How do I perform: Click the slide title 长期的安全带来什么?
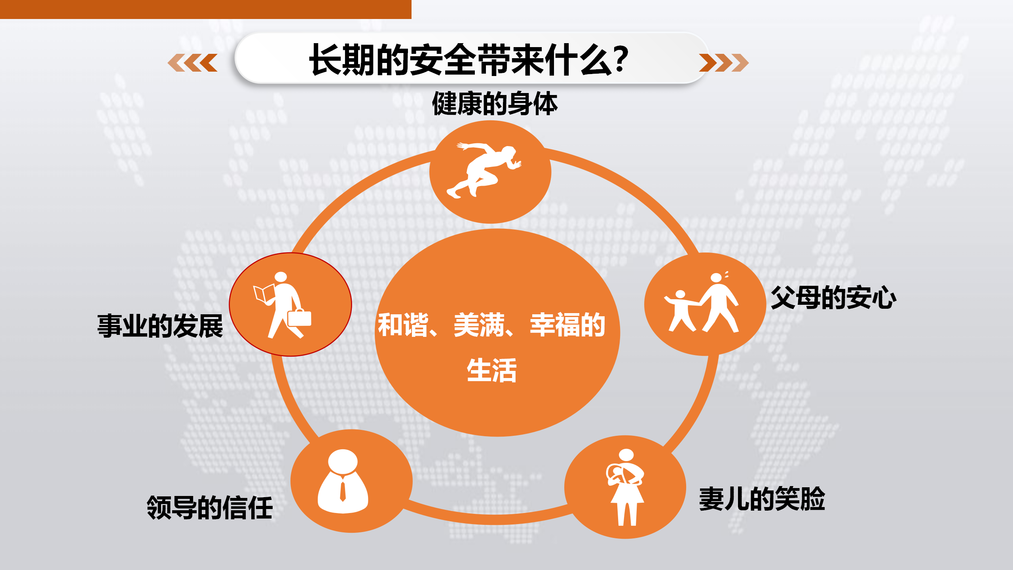469,60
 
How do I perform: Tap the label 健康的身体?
495,104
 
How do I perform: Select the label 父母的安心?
833,298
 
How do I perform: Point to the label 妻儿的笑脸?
762,499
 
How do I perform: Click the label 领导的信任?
210,507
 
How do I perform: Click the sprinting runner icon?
484,170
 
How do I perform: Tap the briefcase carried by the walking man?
300,318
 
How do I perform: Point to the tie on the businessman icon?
343,490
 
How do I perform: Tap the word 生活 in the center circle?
492,370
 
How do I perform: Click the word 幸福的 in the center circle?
568,325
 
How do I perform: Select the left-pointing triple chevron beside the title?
193,63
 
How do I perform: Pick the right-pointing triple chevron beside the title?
724,63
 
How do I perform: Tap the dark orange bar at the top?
206,9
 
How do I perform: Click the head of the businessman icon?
343,461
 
